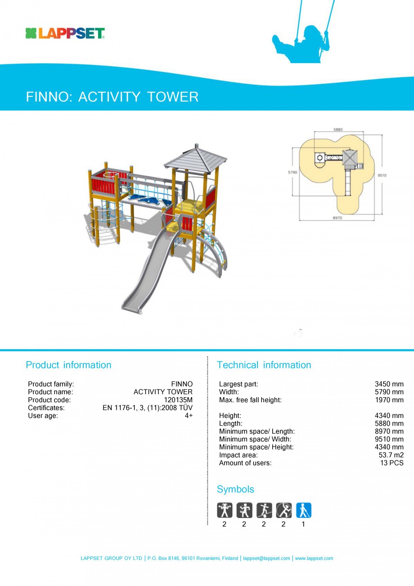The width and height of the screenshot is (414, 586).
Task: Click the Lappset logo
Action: pyautogui.click(x=65, y=33)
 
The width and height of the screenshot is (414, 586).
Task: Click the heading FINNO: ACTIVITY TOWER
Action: pyautogui.click(x=112, y=97)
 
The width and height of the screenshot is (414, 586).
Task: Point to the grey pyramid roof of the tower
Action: pyautogui.click(x=195, y=158)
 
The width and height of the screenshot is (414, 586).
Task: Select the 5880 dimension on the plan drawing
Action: pyautogui.click(x=338, y=130)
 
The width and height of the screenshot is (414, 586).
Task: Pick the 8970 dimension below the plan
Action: pyautogui.click(x=337, y=218)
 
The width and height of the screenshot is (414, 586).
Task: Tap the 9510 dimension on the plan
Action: pyautogui.click(x=382, y=175)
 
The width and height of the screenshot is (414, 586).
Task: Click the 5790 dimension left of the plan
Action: pyautogui.click(x=292, y=173)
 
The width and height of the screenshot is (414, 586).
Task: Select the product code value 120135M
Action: pyautogui.click(x=178, y=400)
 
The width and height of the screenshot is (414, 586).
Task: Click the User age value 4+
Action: pyautogui.click(x=189, y=416)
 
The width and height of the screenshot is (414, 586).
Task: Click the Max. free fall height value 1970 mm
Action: pyautogui.click(x=389, y=400)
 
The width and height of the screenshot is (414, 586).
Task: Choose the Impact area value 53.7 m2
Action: pyautogui.click(x=391, y=455)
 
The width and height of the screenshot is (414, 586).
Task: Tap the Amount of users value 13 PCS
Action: pyautogui.click(x=392, y=463)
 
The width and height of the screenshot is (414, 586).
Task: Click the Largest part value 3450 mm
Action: pyautogui.click(x=389, y=384)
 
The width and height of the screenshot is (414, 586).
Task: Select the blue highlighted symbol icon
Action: pyautogui.click(x=303, y=510)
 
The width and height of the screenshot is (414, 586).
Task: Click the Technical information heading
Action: pyautogui.click(x=264, y=365)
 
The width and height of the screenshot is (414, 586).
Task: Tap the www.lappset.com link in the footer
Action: pyautogui.click(x=314, y=559)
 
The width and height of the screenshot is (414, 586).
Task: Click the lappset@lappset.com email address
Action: pyautogui.click(x=266, y=559)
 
